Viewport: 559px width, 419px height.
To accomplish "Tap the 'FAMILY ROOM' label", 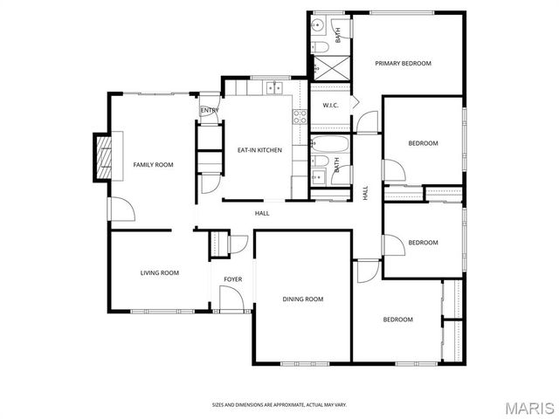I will tap(153, 165).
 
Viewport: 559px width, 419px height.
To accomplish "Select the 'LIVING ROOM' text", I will tap(159, 273).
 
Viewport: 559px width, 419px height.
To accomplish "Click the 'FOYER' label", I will tap(232, 279).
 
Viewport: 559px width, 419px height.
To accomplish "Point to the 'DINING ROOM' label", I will tap(302, 299).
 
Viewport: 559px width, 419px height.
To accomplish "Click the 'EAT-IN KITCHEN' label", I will tap(259, 150).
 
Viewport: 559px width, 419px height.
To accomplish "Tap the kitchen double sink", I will tap(275, 86).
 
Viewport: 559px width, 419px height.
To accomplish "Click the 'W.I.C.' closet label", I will tap(330, 106).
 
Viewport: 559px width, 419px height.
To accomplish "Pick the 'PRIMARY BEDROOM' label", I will tap(404, 63).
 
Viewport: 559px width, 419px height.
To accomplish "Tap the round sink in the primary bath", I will tap(319, 24).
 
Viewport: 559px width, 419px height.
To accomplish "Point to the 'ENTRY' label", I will tap(209, 111).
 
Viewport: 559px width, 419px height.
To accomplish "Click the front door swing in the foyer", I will tap(230, 300).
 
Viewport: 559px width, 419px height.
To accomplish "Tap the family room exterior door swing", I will tap(120, 209).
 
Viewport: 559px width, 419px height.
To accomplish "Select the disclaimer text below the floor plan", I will tap(279, 404).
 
